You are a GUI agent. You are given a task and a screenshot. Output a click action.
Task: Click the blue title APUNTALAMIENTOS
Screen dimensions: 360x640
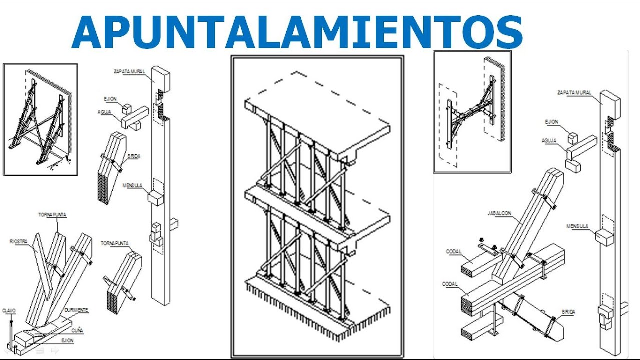click(x=297, y=32)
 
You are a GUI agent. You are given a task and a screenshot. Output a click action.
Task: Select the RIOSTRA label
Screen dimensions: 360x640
click(x=18, y=241)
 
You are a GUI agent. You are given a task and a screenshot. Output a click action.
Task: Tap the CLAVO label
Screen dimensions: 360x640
click(x=9, y=310)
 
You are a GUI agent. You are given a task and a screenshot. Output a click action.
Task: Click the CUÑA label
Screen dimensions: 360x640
click(x=77, y=330)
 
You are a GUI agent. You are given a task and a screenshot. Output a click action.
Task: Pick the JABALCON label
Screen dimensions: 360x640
click(x=499, y=213)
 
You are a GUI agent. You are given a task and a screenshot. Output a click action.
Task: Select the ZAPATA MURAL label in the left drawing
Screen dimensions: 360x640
click(x=129, y=71)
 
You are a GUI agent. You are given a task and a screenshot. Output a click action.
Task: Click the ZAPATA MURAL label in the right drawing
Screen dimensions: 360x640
click(x=574, y=92)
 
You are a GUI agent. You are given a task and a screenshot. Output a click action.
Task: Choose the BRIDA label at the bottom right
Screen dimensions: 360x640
click(x=568, y=312)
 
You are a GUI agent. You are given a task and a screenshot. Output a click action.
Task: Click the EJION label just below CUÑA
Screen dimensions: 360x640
click(x=67, y=340)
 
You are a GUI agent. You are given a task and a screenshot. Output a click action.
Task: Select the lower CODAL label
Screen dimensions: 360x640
click(x=450, y=284)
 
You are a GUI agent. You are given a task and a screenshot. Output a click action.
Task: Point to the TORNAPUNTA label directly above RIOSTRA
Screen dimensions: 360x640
click(x=52, y=215)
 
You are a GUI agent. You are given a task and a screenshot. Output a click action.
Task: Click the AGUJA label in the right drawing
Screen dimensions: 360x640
click(x=549, y=141)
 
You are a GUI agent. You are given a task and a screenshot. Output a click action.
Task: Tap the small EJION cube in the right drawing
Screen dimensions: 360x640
click(x=572, y=138)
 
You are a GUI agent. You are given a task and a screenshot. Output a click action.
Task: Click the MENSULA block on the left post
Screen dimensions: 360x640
click(x=156, y=198)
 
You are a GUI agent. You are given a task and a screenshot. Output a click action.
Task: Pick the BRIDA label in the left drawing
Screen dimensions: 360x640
click(x=133, y=156)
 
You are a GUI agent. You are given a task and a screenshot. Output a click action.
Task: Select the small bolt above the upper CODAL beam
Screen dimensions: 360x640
click(x=483, y=240)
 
